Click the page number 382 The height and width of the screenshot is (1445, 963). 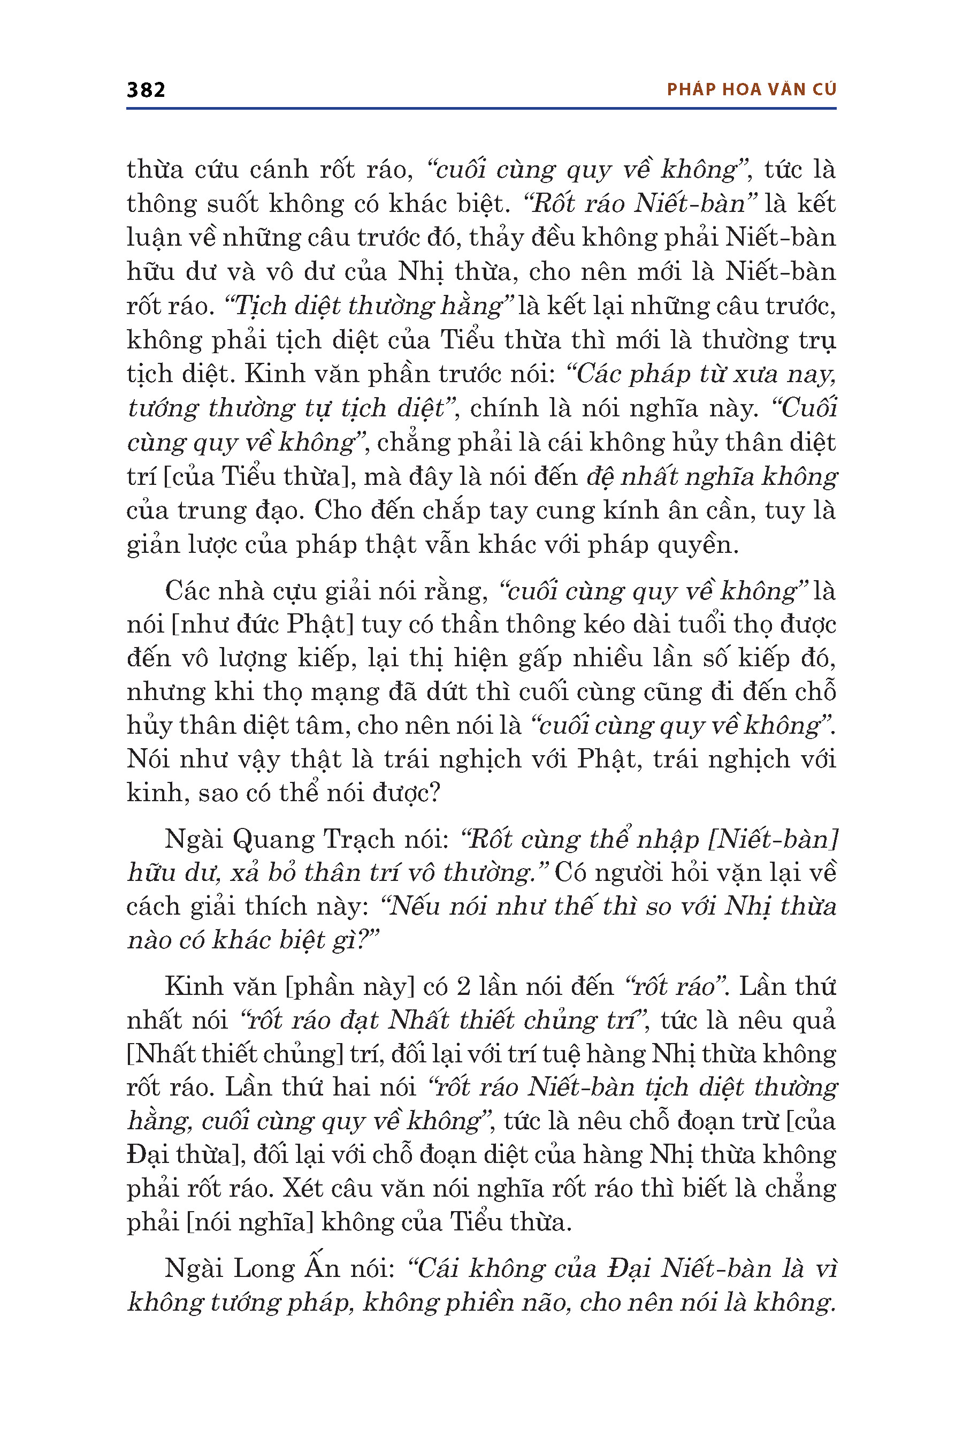(x=146, y=90)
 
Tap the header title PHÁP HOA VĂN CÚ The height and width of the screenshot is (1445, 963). (x=751, y=90)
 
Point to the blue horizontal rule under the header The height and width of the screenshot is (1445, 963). (x=481, y=109)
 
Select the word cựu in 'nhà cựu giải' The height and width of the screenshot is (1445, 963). (x=294, y=591)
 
